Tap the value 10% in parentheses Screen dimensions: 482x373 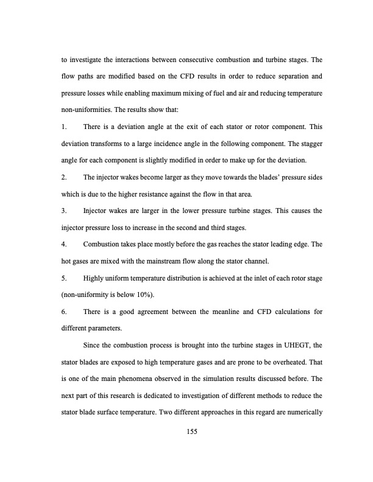coord(138,296)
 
